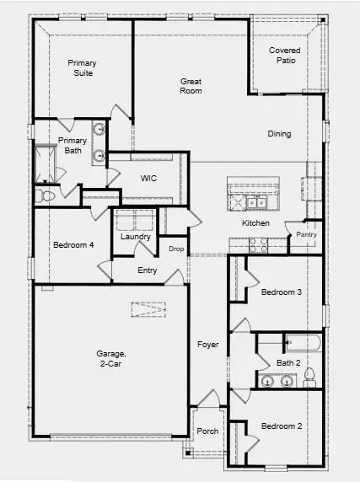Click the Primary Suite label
tap(83, 68)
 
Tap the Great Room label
tap(191, 86)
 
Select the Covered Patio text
tap(284, 56)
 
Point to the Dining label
tap(279, 134)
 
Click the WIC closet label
tap(148, 178)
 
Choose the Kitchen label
tap(255, 223)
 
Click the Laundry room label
tap(135, 237)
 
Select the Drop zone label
tap(176, 249)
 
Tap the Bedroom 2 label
tap(281, 426)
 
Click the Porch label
tap(207, 431)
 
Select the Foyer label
tap(207, 345)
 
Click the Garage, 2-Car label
tap(110, 360)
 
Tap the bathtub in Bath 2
tap(299, 343)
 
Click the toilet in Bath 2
tap(309, 375)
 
